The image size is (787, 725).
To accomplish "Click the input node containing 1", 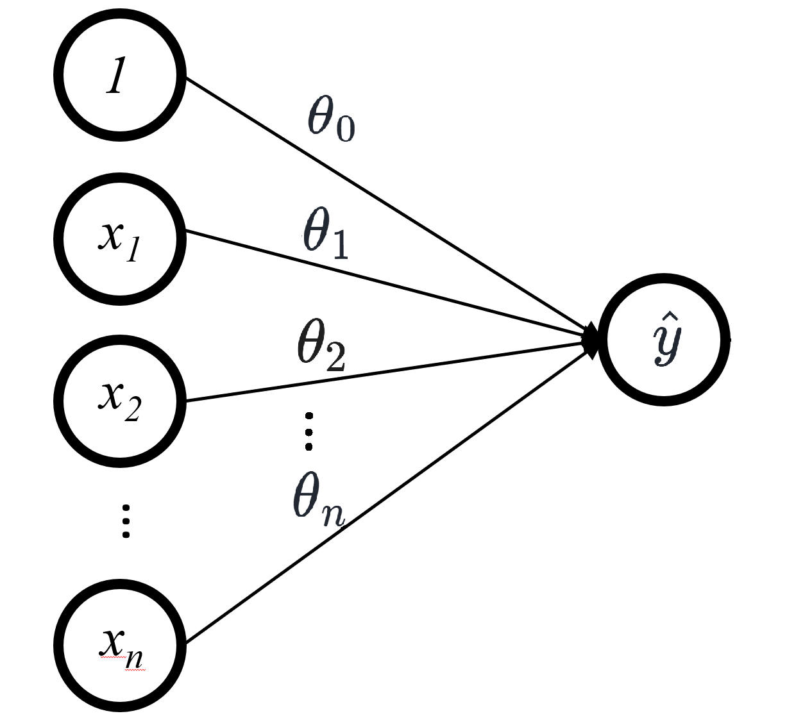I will pos(119,75).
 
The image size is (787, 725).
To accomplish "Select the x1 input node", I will pos(119,238).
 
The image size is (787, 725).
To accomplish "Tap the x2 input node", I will pos(119,401).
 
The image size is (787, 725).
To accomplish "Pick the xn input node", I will pos(119,645).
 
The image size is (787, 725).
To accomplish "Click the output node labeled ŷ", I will pos(664,340).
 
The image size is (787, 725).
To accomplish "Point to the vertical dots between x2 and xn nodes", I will pos(126,521).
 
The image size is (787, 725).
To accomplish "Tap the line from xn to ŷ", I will pos(385,496).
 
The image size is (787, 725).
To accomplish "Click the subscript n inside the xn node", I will pos(133,658).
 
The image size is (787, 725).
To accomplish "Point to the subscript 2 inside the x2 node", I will pos(133,411).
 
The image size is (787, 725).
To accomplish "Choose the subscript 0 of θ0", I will pos(344,129).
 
